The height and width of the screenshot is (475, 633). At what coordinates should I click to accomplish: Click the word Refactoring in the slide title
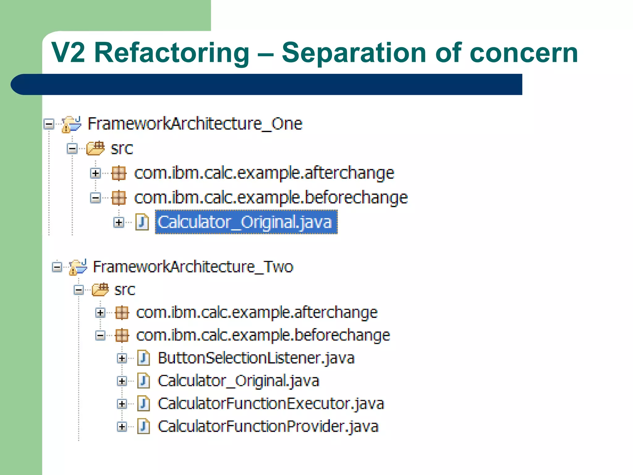[172, 53]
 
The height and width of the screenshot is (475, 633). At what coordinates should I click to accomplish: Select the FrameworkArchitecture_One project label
[195, 124]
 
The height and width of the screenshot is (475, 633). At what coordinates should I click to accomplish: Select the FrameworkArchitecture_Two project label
[193, 267]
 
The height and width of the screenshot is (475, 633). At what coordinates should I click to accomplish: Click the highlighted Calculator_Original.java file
[246, 222]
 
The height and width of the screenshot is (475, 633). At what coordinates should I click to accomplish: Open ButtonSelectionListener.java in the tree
[256, 358]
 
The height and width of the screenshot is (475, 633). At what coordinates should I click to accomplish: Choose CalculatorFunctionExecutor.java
[271, 404]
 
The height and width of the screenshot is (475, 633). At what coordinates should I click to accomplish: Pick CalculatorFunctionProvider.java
[268, 426]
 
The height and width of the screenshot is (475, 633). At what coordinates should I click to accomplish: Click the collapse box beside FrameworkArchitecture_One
[49, 124]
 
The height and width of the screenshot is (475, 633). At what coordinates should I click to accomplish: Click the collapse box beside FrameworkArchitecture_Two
[57, 267]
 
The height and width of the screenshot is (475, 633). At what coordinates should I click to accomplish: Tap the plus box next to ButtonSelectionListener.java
[122, 358]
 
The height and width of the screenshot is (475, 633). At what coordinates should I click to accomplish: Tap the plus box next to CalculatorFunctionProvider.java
[122, 427]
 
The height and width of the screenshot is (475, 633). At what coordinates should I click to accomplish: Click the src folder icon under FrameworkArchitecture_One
[96, 148]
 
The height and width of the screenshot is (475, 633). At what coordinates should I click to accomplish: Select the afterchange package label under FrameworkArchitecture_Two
[257, 313]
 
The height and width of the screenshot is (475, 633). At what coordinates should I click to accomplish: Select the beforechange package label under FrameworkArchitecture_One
[271, 198]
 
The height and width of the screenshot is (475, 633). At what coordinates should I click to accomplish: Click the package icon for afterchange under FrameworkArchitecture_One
[119, 173]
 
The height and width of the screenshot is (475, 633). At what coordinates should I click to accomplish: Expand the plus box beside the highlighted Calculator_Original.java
[119, 222]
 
